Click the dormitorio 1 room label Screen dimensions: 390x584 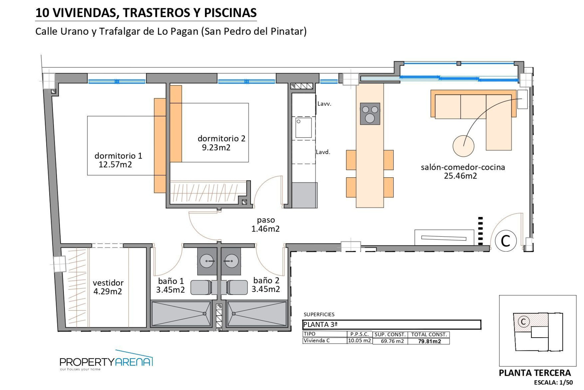click(118, 156)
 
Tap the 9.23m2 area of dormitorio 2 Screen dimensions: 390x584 click(216, 148)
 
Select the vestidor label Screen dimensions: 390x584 click(108, 283)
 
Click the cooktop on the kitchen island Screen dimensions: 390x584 click(370, 114)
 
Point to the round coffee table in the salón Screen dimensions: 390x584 click(463, 146)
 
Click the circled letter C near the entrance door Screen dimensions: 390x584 click(506, 241)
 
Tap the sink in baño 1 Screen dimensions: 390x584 click(207, 261)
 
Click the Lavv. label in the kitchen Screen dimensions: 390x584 click(324, 104)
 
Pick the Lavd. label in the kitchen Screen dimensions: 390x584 click(323, 152)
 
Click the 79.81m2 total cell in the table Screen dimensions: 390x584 click(429, 341)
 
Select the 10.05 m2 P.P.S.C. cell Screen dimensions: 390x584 click(360, 341)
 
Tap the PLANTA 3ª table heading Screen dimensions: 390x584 click(320, 325)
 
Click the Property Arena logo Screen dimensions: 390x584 click(106, 361)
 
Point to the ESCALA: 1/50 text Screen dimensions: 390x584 click(553, 383)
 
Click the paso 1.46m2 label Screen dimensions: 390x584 click(266, 225)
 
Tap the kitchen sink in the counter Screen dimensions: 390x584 click(304, 128)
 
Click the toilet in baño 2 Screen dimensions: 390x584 click(237, 287)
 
